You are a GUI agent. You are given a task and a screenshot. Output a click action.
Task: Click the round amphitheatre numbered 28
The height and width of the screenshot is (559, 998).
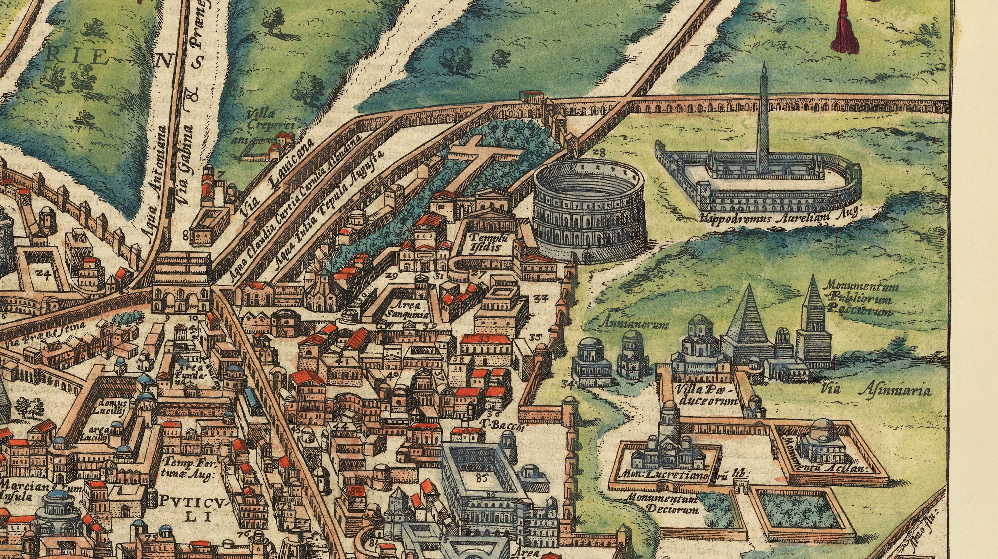click(x=589, y=209)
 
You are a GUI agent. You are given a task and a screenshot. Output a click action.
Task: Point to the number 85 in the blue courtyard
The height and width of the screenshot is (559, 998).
click(x=481, y=478)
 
